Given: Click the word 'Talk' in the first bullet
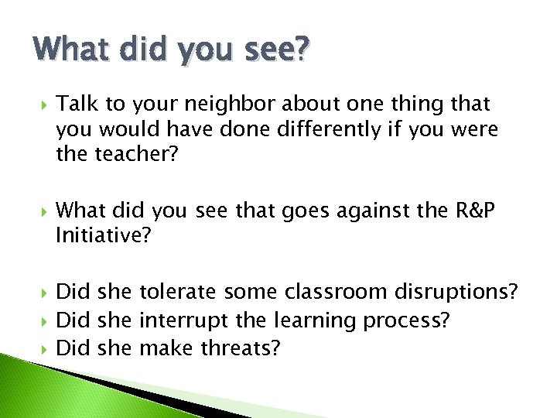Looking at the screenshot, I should click(74, 104).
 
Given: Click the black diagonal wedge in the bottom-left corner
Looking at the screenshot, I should click(116, 387).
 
